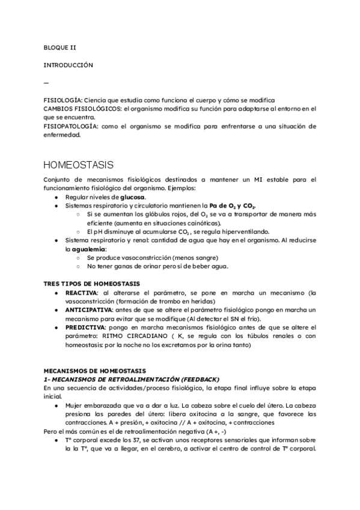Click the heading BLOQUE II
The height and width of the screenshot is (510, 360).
(60, 46)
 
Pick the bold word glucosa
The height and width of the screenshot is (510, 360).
(132, 197)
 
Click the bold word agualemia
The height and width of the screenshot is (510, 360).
(89, 249)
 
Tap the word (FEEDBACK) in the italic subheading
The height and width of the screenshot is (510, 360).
(198, 379)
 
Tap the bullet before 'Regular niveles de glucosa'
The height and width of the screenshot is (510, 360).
(56, 197)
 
